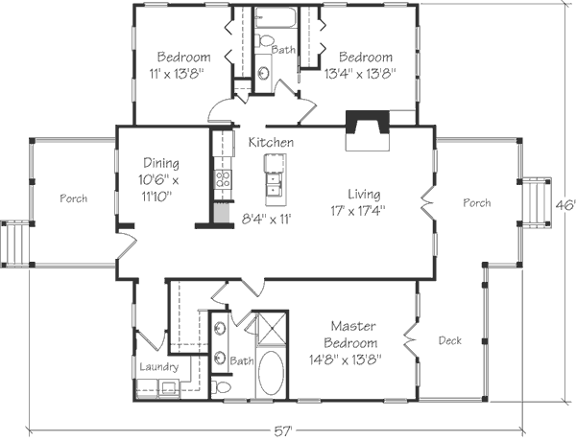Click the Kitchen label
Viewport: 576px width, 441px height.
[x=271, y=142]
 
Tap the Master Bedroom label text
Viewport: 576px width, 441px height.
[x=350, y=335]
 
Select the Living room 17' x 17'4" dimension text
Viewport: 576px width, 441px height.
[x=358, y=211]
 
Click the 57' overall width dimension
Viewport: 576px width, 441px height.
[x=283, y=431]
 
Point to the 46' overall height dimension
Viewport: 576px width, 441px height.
[x=565, y=206]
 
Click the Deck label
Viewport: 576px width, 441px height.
[x=450, y=341]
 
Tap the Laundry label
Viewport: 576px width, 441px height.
[x=159, y=366]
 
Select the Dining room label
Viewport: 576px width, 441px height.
[x=161, y=163]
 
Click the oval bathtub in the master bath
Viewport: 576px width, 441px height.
[x=271, y=373]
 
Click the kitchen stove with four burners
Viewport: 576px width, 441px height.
[x=224, y=179]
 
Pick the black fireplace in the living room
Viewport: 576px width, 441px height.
[x=368, y=123]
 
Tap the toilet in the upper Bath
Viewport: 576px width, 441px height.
[x=264, y=40]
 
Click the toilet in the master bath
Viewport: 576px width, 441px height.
[x=221, y=387]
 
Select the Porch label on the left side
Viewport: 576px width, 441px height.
[x=74, y=198]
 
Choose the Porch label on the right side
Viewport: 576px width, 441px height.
[x=477, y=202]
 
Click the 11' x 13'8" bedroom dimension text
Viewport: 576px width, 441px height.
[x=177, y=74]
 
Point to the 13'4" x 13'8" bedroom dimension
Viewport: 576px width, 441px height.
[x=360, y=74]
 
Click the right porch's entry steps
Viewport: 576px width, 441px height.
[x=538, y=202]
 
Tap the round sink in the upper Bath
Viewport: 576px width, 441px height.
[x=263, y=73]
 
